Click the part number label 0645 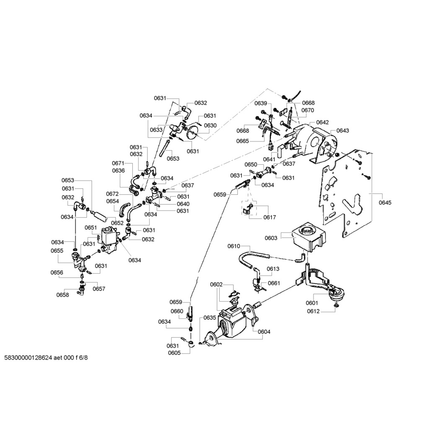385,203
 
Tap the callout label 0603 271,238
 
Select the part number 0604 264,332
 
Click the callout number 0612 313,311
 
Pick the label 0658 63,295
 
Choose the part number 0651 91,227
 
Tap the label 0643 343,131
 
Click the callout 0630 210,125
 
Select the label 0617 269,217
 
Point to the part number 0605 174,353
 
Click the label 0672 113,194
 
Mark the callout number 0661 274,283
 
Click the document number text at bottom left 46,358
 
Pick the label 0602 216,284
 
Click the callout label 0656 57,272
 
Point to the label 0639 261,103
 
